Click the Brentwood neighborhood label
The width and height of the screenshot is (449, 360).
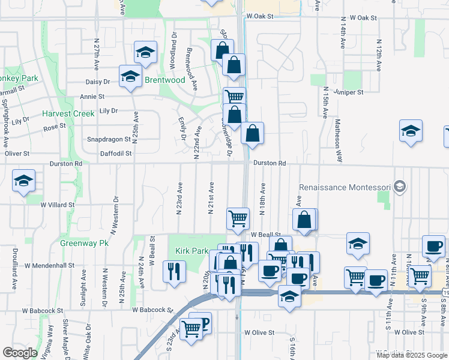tap(164, 80)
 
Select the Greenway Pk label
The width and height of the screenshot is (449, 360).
tap(84, 244)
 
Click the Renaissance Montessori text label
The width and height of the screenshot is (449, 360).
tap(345, 187)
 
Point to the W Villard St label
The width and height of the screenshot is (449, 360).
tap(58, 205)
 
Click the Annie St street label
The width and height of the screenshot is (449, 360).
tap(92, 96)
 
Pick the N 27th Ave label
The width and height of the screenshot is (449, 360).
tap(97, 52)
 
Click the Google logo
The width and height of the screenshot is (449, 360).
tap(20, 353)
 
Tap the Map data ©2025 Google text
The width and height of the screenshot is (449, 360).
tap(411, 355)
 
